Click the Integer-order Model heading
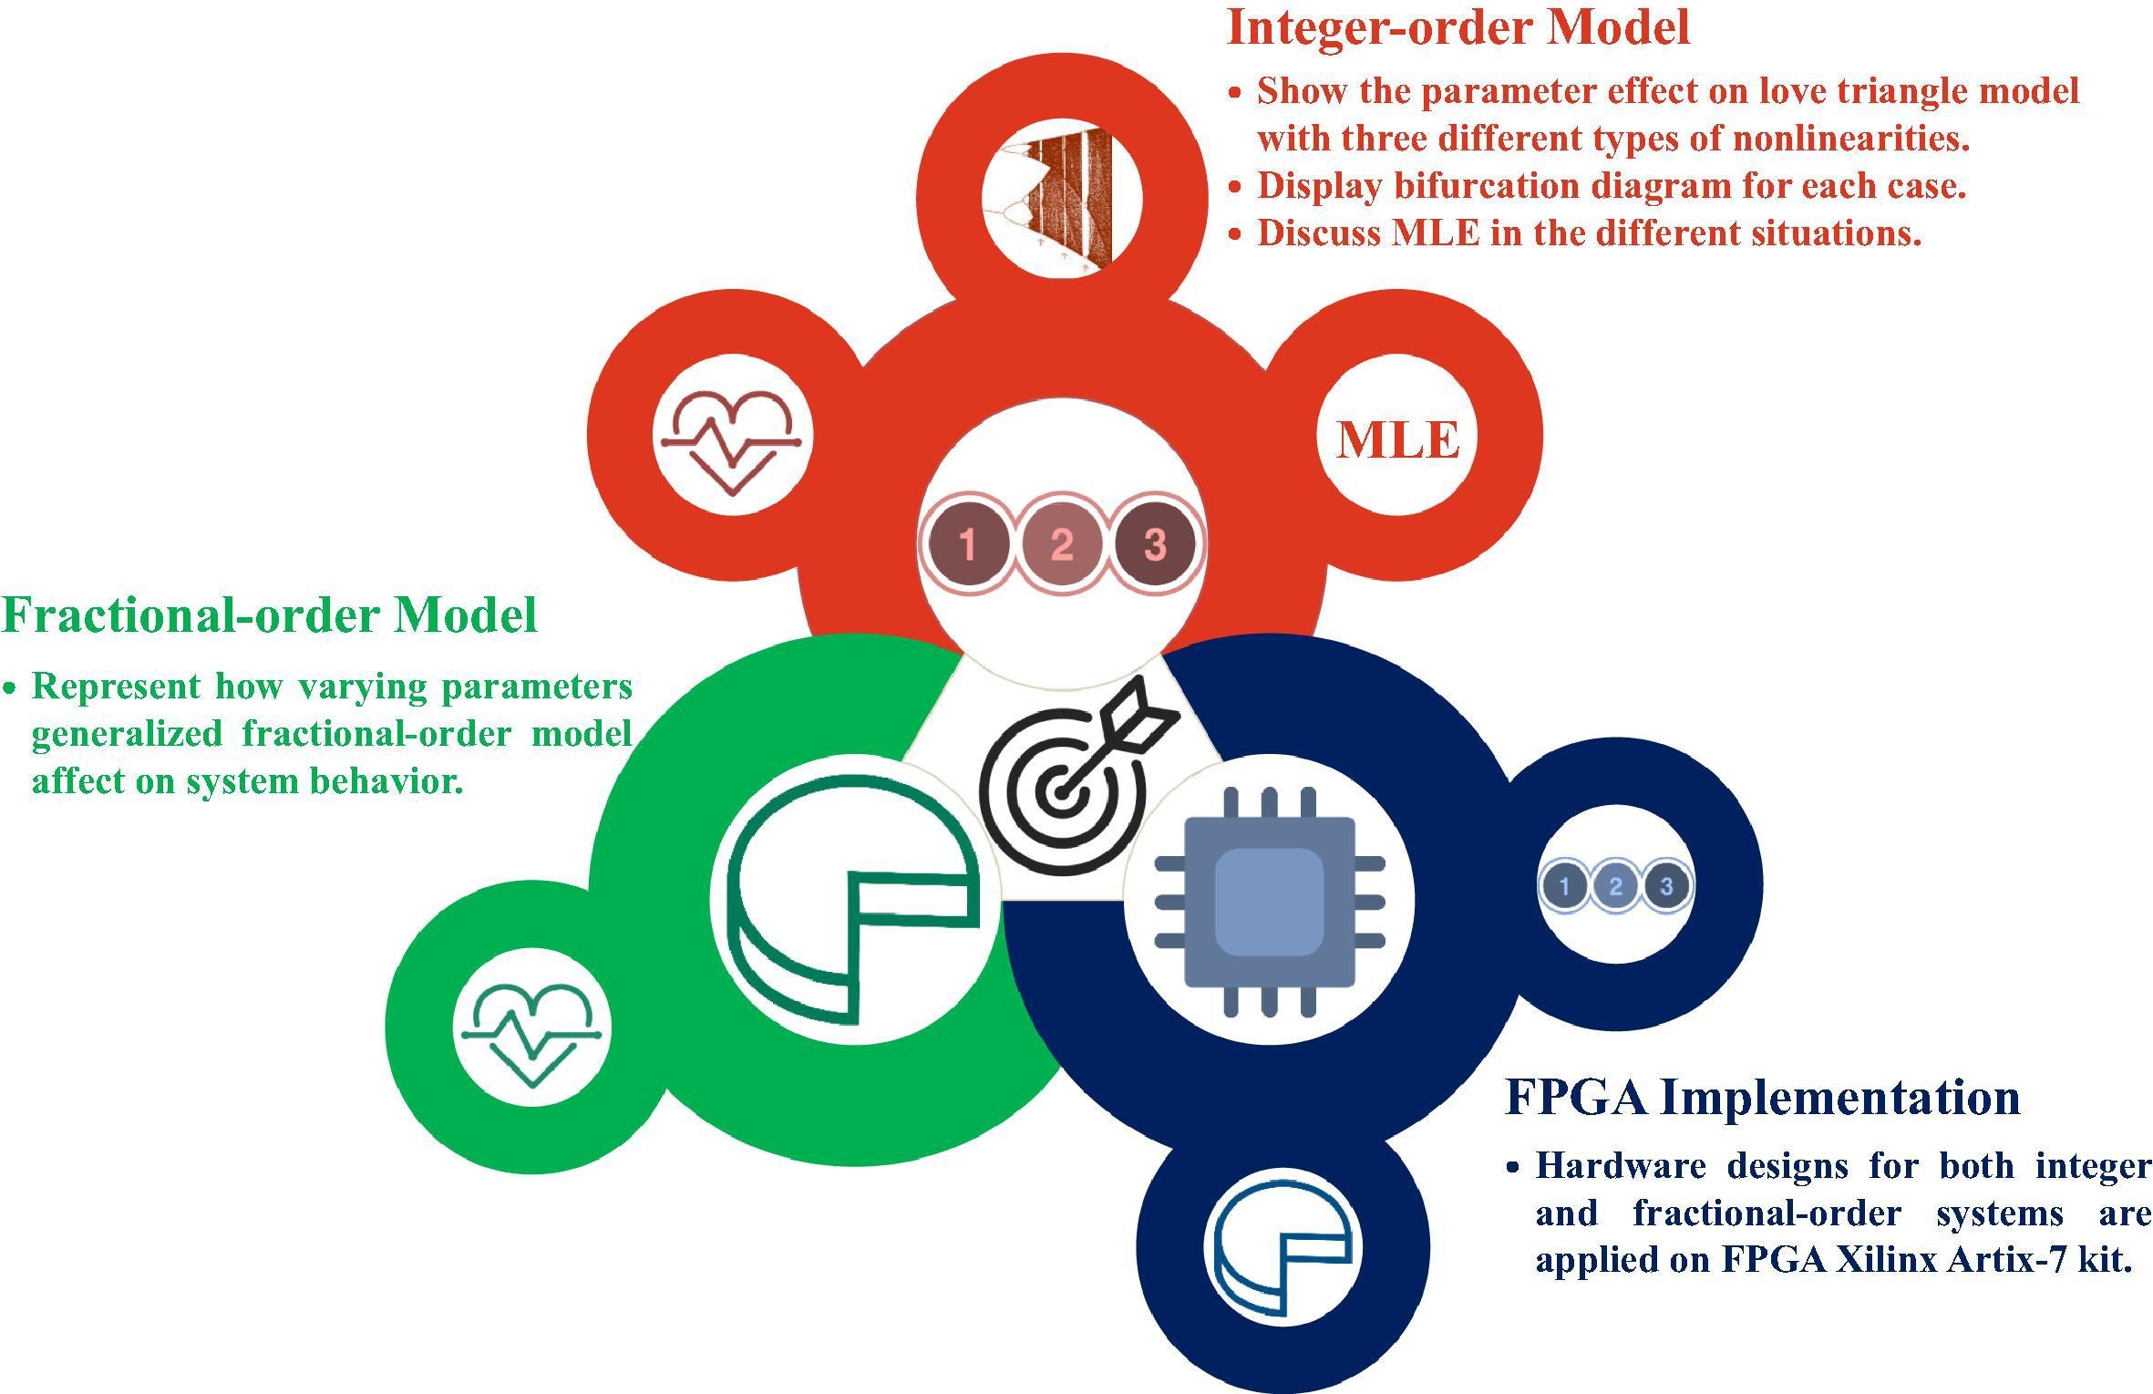(1458, 27)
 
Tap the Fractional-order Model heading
(270, 615)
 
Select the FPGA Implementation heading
(1762, 1096)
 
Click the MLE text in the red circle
(1398, 440)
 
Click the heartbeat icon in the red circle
(732, 442)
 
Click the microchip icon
(1269, 901)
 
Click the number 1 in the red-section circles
(968, 544)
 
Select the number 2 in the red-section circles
(1062, 544)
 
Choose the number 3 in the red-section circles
(1155, 544)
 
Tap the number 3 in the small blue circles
(1666, 885)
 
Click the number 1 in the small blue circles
(1565, 885)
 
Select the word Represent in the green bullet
(116, 687)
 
